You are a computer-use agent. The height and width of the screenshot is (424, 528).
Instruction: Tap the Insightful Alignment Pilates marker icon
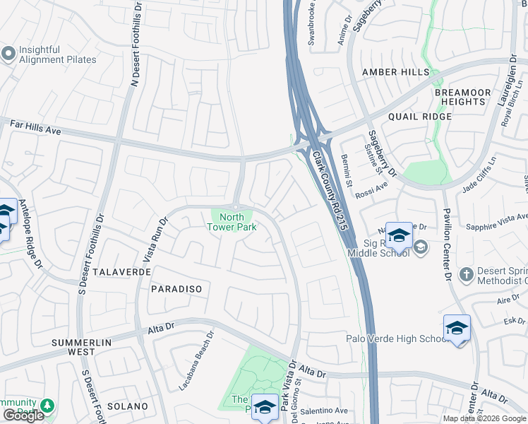(x=8, y=54)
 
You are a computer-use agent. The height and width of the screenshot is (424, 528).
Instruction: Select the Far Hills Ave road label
(x=36, y=127)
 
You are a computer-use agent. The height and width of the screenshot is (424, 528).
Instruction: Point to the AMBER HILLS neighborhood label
(x=395, y=72)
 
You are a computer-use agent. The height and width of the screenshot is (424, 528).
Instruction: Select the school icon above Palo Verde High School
(x=457, y=327)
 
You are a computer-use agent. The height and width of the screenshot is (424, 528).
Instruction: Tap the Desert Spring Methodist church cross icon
(x=466, y=274)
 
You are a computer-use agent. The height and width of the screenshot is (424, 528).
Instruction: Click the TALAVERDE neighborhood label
(x=121, y=272)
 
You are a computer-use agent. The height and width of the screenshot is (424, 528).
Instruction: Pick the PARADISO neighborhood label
(x=176, y=289)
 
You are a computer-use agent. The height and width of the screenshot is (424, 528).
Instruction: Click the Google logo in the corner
(x=23, y=416)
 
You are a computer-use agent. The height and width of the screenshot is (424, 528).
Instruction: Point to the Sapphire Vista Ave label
(x=497, y=222)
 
